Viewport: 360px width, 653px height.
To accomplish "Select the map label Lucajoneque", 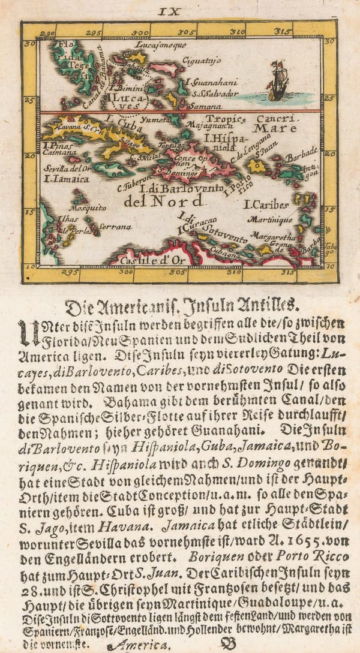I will (161, 45).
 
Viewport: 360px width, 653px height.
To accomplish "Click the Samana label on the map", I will (201, 105).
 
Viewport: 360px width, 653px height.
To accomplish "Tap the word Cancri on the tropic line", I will (274, 119).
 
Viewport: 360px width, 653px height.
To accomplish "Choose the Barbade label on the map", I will (302, 157).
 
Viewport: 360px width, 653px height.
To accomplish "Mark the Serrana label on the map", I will (116, 227).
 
